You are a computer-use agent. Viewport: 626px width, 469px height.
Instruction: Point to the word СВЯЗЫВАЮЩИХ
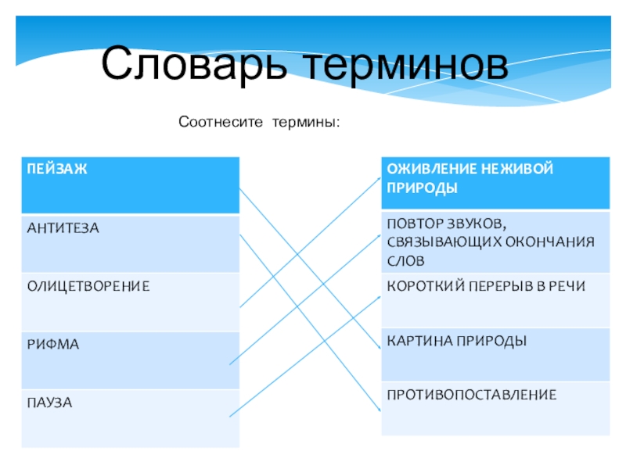[x=442, y=241]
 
